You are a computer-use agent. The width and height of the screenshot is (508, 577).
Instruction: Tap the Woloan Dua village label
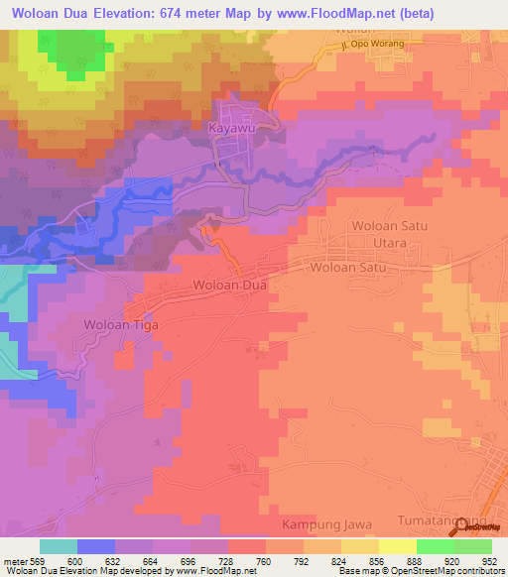point(230,286)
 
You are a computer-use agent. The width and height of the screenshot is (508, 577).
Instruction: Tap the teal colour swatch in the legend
point(58,546)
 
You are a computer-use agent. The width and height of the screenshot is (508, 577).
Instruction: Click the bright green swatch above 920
point(435,546)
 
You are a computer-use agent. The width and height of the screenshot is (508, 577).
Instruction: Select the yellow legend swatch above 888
point(397,546)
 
